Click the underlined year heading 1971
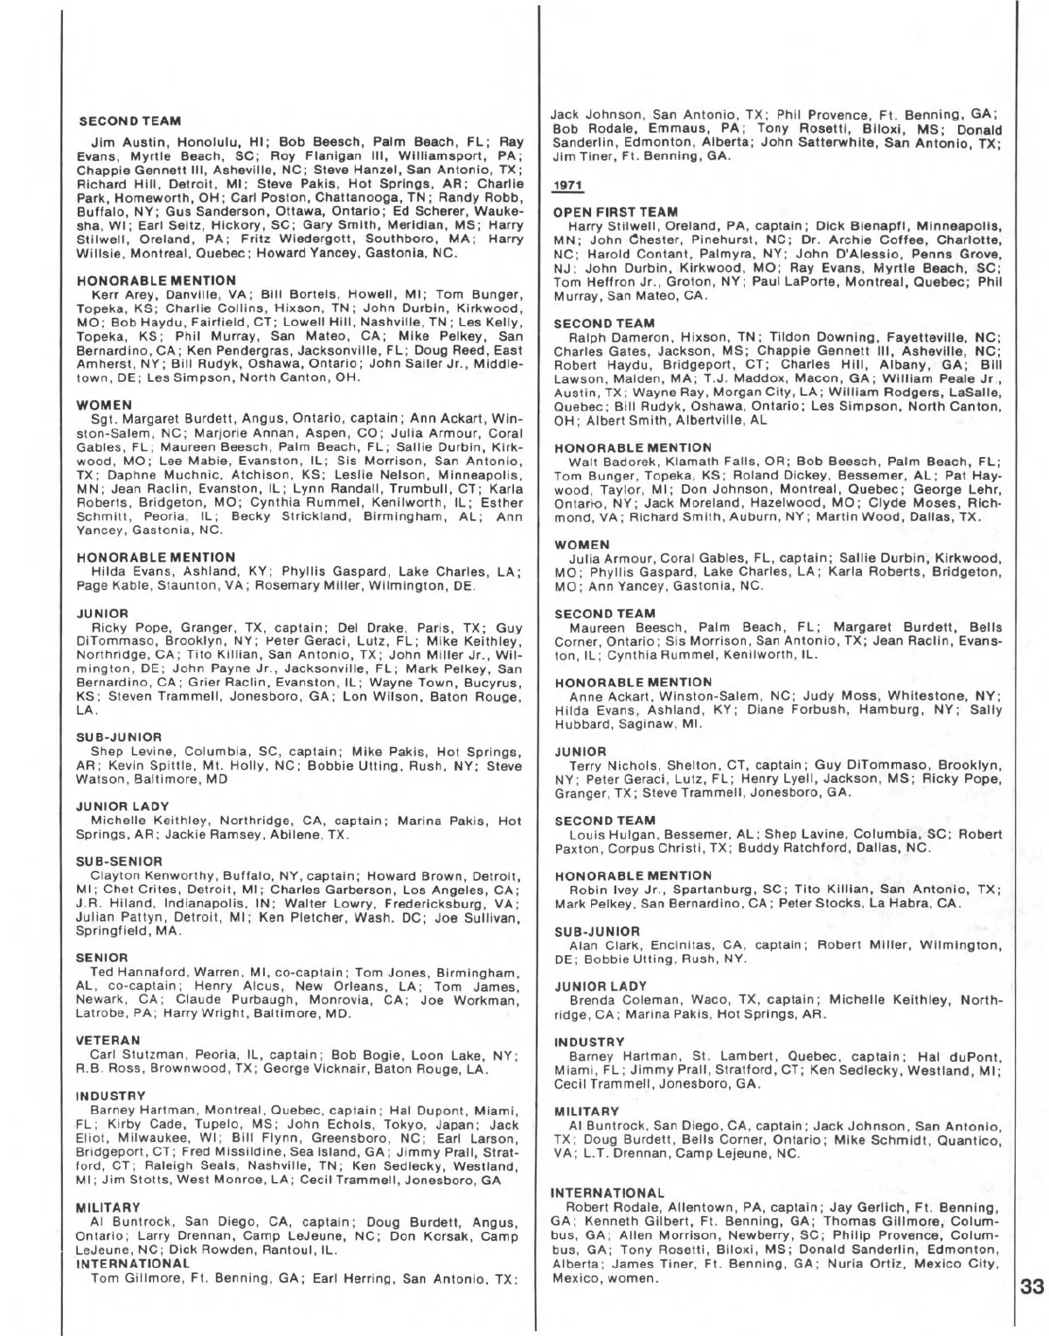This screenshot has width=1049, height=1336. pyautogui.click(x=569, y=186)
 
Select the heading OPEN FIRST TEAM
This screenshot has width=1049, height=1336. pyautogui.click(x=615, y=212)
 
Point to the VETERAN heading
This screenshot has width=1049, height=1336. pyautogui.click(x=108, y=1041)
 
